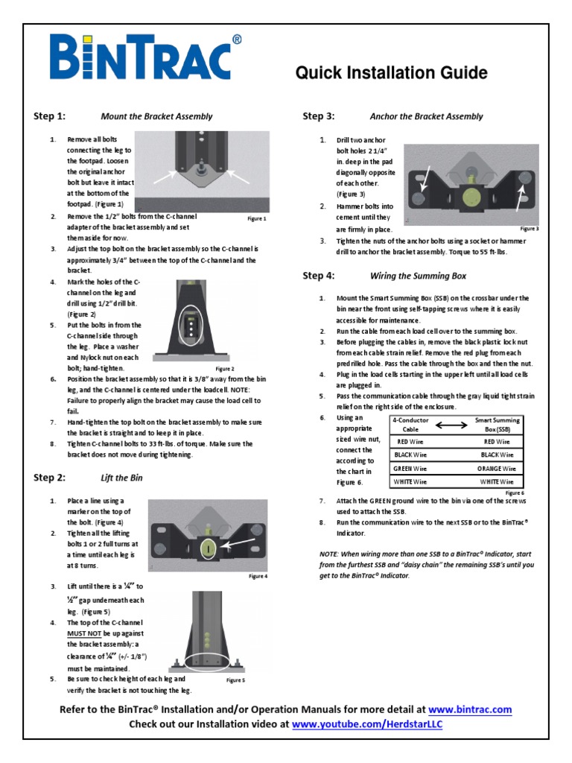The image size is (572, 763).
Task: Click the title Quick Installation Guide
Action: (x=392, y=73)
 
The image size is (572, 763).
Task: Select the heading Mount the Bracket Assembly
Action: (x=156, y=116)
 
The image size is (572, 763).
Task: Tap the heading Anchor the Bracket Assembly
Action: (x=426, y=116)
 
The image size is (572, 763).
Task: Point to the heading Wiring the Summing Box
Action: (x=418, y=276)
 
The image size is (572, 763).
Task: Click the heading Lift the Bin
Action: (x=121, y=477)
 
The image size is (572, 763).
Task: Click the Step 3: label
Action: (x=318, y=116)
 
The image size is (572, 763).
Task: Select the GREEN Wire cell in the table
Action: (x=410, y=468)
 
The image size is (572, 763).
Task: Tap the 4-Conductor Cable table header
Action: (x=410, y=425)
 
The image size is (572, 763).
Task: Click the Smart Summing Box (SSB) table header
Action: (x=498, y=425)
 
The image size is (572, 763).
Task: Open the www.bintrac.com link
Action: (x=470, y=710)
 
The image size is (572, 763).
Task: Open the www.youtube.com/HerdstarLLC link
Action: (x=366, y=724)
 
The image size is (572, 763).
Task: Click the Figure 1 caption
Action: (x=256, y=219)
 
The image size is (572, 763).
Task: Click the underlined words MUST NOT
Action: (x=83, y=633)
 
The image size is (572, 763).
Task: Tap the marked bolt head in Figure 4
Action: (x=209, y=548)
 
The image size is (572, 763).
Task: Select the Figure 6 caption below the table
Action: (x=514, y=493)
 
